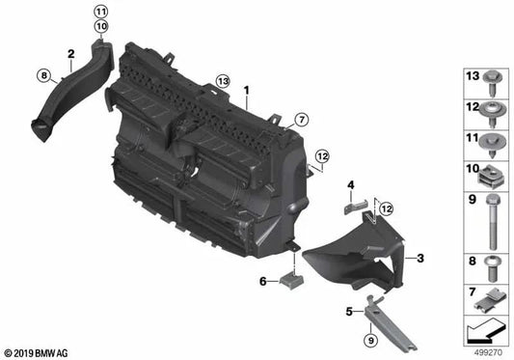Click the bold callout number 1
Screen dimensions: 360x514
pos(247,94)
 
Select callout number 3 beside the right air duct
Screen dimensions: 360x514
pos(420,259)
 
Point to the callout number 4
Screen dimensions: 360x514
pos(352,183)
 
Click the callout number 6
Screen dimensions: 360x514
pos(261,281)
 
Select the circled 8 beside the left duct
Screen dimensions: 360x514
pos(41,73)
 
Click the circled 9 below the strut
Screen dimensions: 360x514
pos(370,338)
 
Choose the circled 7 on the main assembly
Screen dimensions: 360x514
pos(300,120)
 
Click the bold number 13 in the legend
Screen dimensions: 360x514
pos(473,76)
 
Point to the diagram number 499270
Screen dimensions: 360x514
pos(489,352)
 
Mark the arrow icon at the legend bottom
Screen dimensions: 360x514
pos(487,333)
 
